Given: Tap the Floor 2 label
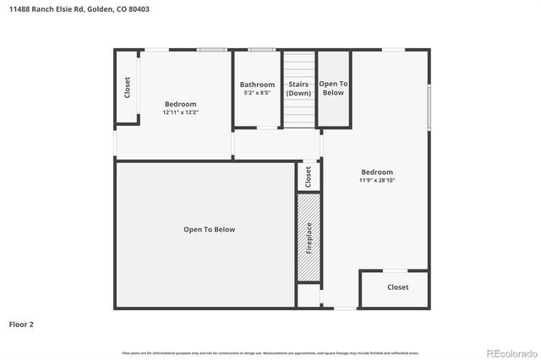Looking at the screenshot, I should point(21,324).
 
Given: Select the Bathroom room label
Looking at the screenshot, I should point(257,85).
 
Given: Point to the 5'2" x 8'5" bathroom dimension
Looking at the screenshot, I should point(257,93).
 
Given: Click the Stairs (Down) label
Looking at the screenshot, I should point(298,89).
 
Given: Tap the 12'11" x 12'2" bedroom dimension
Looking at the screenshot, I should point(180,112).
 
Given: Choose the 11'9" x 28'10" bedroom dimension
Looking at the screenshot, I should point(377,180).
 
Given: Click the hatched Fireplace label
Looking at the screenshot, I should point(309,237).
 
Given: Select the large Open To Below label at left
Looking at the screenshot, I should point(209,230).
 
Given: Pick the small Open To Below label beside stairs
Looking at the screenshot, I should point(333,88).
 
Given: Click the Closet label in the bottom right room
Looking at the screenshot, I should point(397,287).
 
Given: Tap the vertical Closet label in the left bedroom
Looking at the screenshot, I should point(128,88).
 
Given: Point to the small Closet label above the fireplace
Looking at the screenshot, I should point(309,177).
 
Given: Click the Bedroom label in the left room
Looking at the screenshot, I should point(180,104).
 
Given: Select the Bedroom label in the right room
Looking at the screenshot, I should point(377,172).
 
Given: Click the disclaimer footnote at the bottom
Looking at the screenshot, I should point(270,352).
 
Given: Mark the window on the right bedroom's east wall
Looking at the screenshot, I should point(429,107).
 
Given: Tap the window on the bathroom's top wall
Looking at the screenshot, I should point(261,50).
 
